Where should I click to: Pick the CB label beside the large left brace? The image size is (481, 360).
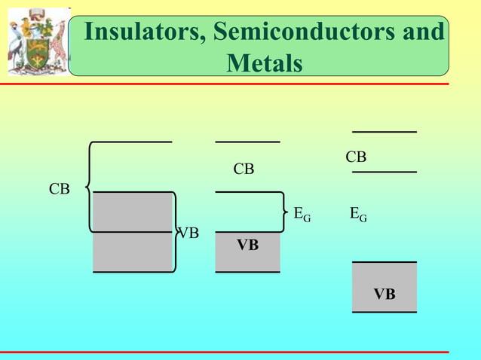click(60, 189)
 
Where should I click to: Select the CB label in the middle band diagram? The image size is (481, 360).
click(244, 169)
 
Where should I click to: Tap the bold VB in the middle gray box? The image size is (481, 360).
click(247, 245)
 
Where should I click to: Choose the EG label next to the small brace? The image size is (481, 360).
click(302, 215)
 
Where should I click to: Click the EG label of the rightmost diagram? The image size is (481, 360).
click(358, 215)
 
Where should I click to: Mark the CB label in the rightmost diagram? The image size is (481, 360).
click(356, 157)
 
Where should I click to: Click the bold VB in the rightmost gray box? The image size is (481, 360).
click(384, 294)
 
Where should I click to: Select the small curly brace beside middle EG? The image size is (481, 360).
click(285, 212)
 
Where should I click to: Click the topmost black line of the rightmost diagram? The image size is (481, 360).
click(384, 132)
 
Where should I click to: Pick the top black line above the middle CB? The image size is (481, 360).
click(247, 141)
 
